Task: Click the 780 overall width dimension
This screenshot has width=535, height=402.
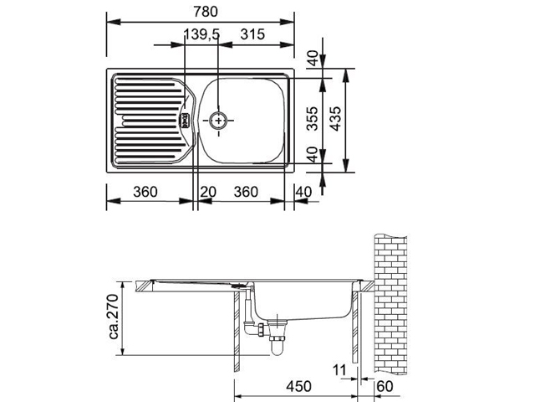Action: (205, 12)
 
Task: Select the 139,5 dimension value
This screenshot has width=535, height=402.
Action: (201, 34)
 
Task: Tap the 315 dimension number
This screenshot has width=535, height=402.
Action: (252, 34)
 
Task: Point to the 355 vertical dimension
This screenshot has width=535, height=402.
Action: (312, 119)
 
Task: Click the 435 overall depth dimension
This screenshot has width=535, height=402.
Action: (336, 119)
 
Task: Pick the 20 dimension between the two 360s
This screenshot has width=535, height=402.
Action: (208, 192)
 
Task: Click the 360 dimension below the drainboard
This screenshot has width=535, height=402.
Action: (145, 192)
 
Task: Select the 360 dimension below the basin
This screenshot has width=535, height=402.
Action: (246, 192)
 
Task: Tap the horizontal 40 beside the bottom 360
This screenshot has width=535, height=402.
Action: (303, 192)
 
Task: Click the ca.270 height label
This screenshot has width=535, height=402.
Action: (114, 317)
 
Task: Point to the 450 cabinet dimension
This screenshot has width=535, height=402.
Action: (298, 386)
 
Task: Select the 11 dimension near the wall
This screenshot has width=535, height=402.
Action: (339, 370)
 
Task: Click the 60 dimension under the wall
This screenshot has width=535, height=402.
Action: (385, 386)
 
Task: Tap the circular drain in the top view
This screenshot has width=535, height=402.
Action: (218, 121)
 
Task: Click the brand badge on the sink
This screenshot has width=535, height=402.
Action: (186, 120)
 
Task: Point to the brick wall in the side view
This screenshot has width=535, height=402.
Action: (390, 303)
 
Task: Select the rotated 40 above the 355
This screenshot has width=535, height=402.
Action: (313, 58)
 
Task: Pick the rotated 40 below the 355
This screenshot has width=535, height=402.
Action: (313, 154)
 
